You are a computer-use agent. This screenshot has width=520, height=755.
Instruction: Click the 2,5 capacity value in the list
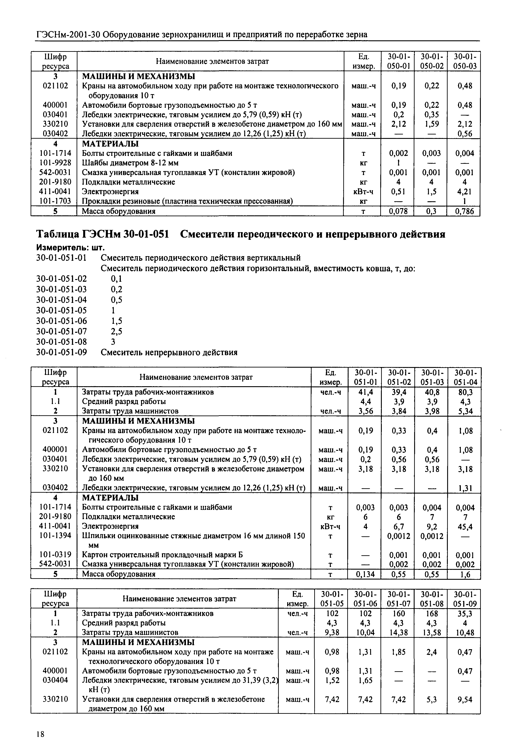(116, 332)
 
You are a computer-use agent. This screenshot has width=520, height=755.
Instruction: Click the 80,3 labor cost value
(465, 392)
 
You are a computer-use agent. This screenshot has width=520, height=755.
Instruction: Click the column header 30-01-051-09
(464, 599)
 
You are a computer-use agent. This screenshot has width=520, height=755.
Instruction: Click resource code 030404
(55, 680)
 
